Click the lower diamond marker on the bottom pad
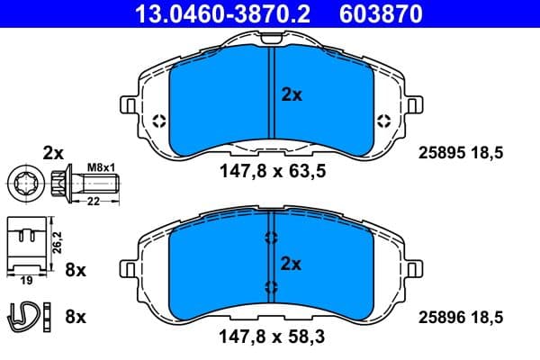(x=271, y=287)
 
